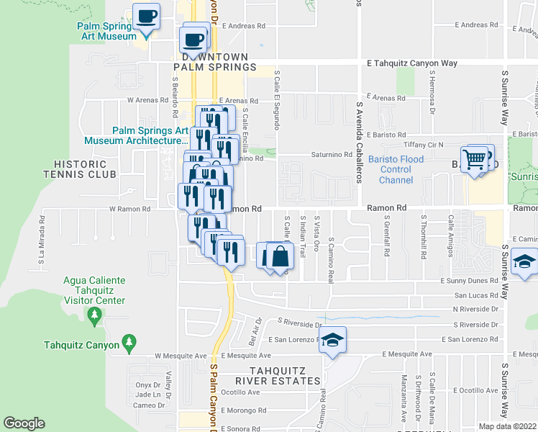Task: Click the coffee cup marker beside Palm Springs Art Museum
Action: [x=147, y=16]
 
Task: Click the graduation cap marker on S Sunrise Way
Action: [x=526, y=262]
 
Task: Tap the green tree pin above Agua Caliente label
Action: [x=94, y=314]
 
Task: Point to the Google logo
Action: [x=24, y=423]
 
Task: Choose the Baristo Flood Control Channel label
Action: [x=390, y=169]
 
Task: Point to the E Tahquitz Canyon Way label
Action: [x=411, y=63]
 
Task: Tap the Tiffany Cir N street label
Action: [x=424, y=145]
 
